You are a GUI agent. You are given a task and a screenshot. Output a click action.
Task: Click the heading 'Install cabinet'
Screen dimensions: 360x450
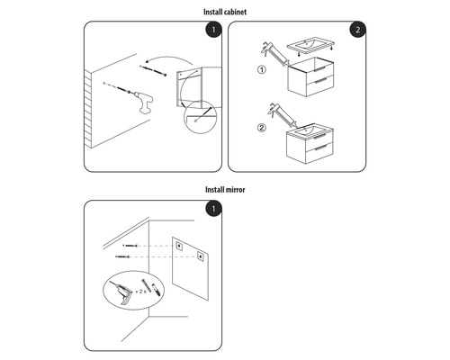click(224, 12)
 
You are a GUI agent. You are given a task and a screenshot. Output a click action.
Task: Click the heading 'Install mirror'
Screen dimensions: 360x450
click(224, 190)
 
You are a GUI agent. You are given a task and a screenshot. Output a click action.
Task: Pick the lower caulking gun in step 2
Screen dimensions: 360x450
click(274, 118)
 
